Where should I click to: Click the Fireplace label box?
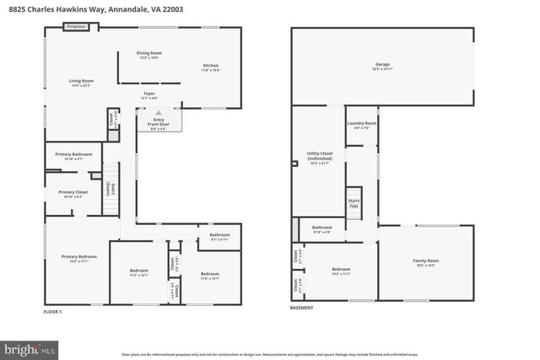point(77,27)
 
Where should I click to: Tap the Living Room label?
point(80,83)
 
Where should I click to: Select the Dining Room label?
point(149,55)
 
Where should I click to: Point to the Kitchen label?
point(210,67)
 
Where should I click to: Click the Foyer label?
point(149,95)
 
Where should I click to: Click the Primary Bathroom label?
point(73,156)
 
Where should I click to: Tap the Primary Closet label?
point(73,194)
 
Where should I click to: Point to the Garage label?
point(382,67)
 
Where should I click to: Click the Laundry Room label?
point(361,125)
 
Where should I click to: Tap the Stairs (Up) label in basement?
point(354,202)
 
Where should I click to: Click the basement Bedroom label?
point(341,271)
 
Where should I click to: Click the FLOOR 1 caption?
point(53,311)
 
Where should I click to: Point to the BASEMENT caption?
point(301,308)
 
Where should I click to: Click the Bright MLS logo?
point(30,347)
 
